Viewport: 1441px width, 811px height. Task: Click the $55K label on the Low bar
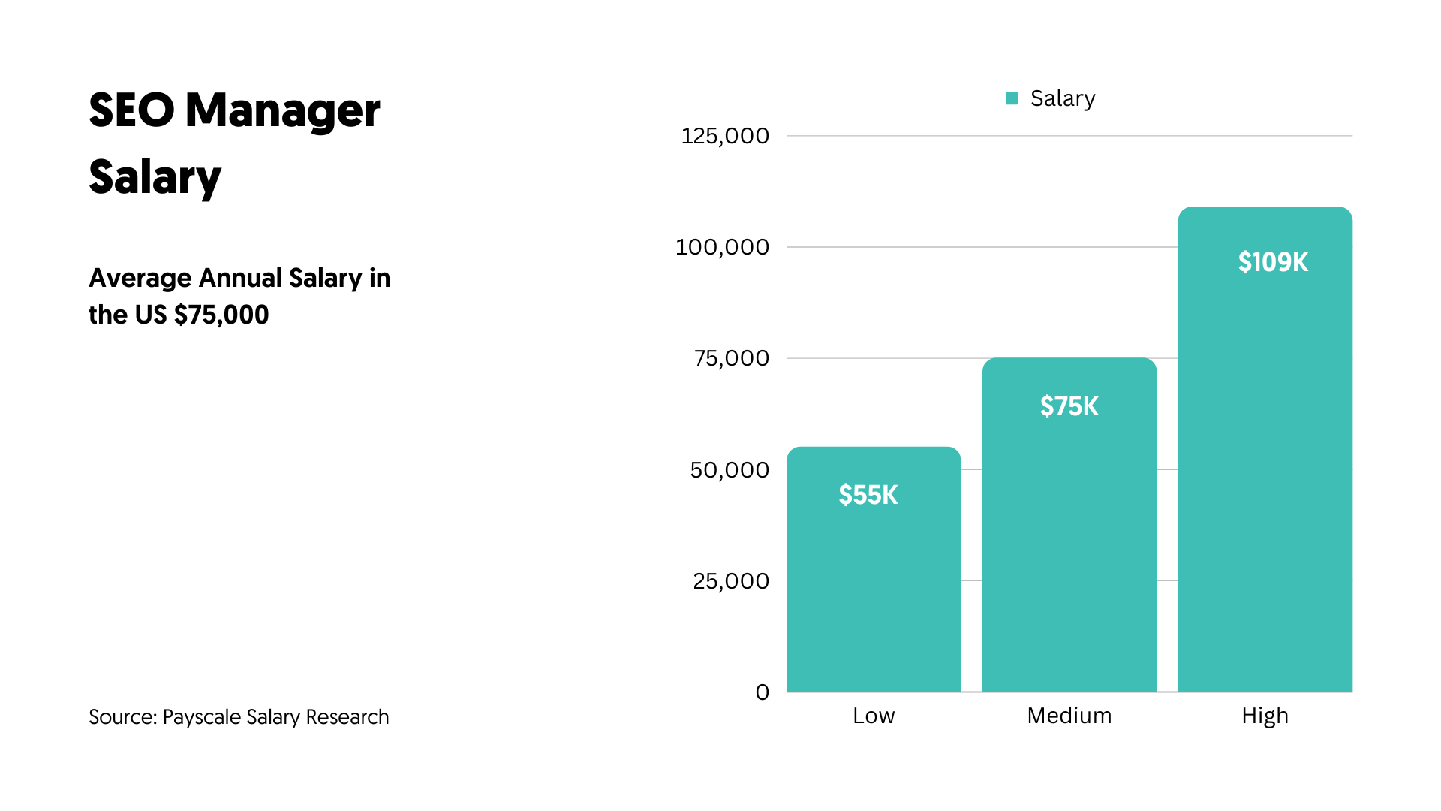point(868,495)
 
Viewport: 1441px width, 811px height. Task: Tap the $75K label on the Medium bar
point(1069,406)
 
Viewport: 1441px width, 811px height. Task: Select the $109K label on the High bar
point(1273,262)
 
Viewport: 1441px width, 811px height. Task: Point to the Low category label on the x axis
point(874,716)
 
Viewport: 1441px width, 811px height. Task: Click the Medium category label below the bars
point(1069,716)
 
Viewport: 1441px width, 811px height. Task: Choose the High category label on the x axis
point(1265,716)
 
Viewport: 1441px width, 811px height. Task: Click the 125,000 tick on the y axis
point(725,136)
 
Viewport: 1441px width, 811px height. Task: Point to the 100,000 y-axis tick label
point(722,247)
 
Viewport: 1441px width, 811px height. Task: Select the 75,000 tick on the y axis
point(732,358)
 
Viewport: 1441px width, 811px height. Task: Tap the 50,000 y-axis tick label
point(730,470)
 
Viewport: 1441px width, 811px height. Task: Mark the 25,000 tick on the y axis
point(731,581)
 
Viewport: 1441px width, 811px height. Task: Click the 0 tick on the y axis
point(763,692)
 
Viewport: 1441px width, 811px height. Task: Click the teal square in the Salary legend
point(1012,98)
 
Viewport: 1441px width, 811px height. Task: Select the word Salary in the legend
point(1063,98)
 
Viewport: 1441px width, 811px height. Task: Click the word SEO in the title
point(131,110)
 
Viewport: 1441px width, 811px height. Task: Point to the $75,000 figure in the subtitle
point(221,315)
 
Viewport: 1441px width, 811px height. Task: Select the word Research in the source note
point(347,717)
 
